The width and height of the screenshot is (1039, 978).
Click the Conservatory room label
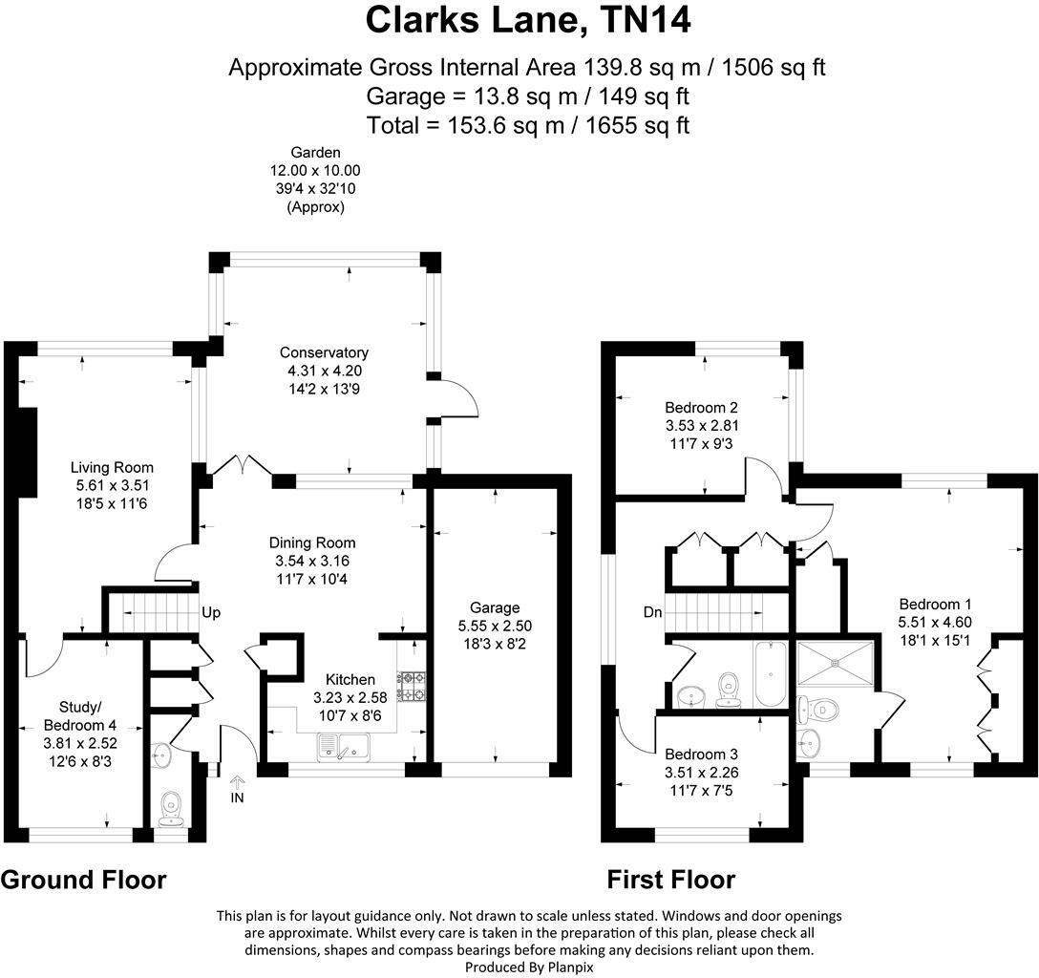(x=325, y=352)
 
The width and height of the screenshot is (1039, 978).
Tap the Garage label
(x=494, y=607)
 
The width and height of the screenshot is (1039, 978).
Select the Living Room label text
(x=112, y=467)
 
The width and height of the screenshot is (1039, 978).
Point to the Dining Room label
(x=312, y=542)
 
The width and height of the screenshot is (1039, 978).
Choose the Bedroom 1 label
(x=935, y=605)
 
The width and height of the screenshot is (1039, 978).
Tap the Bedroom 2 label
(x=702, y=408)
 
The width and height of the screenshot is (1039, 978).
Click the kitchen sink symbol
(x=340, y=747)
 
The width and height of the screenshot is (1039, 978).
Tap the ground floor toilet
(x=173, y=806)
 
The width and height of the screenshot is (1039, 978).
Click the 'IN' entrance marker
(x=238, y=796)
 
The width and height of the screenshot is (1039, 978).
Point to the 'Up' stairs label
(x=211, y=612)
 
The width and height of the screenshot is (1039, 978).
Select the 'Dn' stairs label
(x=652, y=612)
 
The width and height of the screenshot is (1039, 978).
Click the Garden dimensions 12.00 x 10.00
(x=315, y=170)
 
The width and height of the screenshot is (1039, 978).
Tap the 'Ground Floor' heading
(x=83, y=880)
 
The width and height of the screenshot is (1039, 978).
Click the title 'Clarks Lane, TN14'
(x=528, y=20)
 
